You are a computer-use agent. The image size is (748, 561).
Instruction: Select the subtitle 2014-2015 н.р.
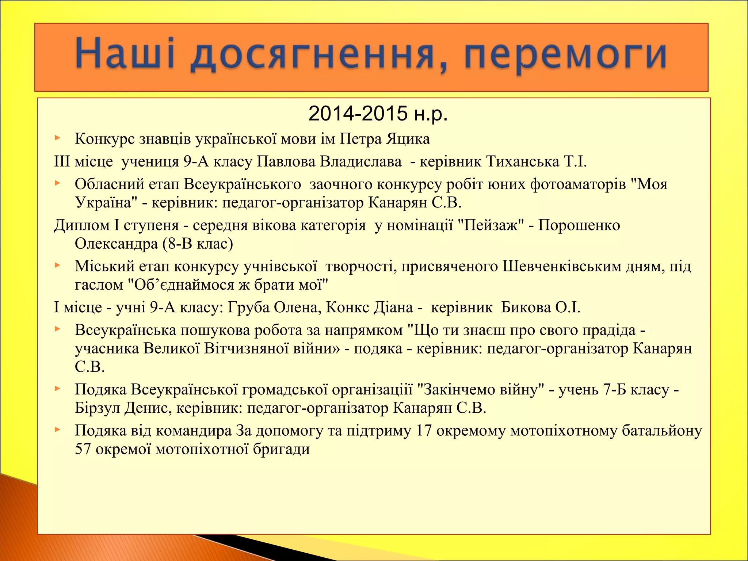click(378, 114)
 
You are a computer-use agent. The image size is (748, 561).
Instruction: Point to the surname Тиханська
click(523, 161)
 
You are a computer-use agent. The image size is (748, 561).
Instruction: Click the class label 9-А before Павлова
click(196, 161)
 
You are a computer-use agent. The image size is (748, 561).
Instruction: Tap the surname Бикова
click(526, 308)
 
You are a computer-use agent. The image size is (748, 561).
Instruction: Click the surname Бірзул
click(98, 408)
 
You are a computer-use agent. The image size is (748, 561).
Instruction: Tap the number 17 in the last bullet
click(424, 431)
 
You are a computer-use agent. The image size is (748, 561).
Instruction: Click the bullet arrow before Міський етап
click(57, 266)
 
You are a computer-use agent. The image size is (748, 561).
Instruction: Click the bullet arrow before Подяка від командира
click(57, 430)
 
